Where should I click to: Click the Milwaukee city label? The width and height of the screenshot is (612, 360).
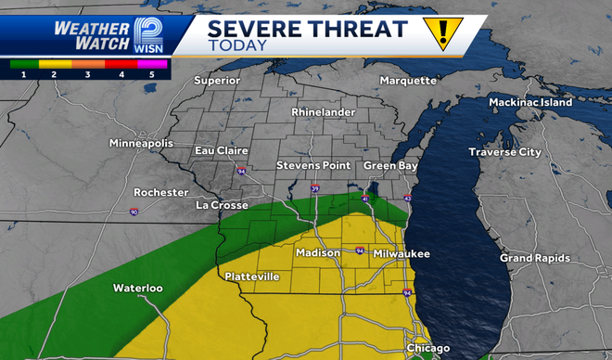(x=402, y=253)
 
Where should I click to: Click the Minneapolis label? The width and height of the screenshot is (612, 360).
(x=141, y=144)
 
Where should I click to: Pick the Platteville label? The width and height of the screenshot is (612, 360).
(x=252, y=276)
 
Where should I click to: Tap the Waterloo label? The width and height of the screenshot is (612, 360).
(x=138, y=288)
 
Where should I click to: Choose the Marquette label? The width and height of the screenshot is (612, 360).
(x=408, y=80)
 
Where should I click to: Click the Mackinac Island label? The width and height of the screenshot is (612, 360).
(x=531, y=103)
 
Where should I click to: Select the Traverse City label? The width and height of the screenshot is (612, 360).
(x=504, y=151)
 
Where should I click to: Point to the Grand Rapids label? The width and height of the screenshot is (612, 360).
(x=535, y=257)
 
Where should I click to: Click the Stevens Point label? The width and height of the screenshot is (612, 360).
(x=312, y=166)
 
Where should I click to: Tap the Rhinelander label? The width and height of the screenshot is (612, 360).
(x=324, y=111)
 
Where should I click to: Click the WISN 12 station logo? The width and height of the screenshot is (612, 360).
(x=147, y=34)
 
